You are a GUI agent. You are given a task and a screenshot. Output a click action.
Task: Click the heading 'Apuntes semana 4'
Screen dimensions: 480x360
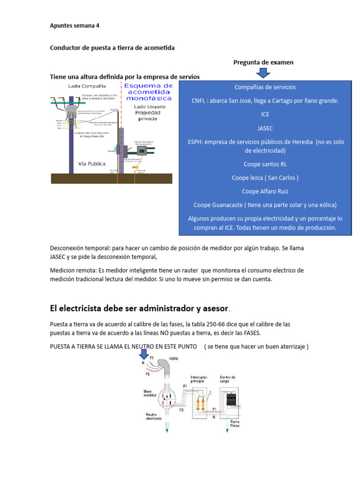pyautogui.click(x=75, y=26)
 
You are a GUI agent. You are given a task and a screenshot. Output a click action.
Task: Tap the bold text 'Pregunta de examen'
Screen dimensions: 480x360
pyautogui.click(x=263, y=62)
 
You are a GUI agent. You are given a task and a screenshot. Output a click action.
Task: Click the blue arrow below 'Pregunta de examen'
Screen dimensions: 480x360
pyautogui.click(x=263, y=73)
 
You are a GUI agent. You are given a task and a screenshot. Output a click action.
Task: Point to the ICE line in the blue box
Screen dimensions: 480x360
pyautogui.click(x=265, y=114)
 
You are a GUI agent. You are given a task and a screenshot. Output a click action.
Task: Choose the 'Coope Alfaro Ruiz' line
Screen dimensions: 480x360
pyautogui.click(x=265, y=191)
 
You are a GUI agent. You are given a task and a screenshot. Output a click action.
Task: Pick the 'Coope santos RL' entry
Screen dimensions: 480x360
pyautogui.click(x=265, y=165)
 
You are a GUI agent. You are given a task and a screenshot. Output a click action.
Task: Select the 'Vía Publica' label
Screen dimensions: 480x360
pyautogui.click(x=91, y=164)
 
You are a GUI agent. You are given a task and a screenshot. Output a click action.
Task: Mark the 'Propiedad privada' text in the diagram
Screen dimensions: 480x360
pyautogui.click(x=148, y=116)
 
